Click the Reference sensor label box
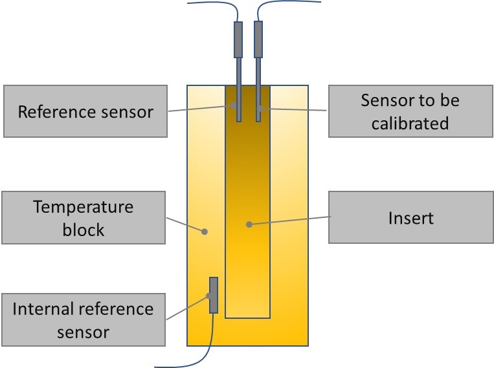85,111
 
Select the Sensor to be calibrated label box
410,111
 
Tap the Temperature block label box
84,217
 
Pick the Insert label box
410,217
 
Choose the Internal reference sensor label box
84,320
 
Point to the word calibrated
410,122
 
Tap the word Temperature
84,207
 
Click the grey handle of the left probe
238,39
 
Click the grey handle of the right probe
258,39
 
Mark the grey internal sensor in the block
214,295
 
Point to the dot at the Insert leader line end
249,224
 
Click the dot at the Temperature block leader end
205,231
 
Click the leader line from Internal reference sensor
188,308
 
